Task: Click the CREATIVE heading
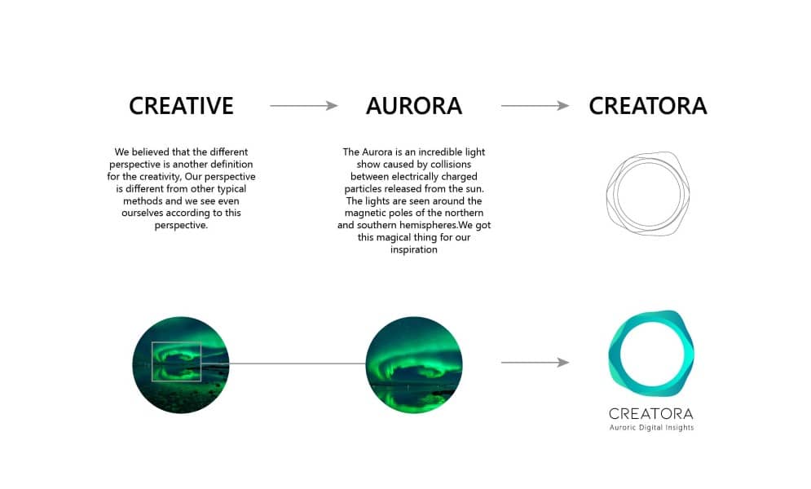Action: click(x=181, y=106)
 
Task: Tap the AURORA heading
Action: click(x=414, y=106)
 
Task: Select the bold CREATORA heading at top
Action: click(x=647, y=106)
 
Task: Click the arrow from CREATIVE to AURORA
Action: click(x=303, y=105)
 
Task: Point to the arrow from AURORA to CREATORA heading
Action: click(x=535, y=105)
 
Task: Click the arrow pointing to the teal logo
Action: click(x=535, y=363)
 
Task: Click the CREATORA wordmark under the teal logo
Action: click(x=650, y=413)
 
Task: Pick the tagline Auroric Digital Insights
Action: click(x=651, y=428)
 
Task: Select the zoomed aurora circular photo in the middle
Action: click(x=414, y=364)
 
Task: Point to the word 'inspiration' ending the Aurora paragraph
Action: click(x=414, y=249)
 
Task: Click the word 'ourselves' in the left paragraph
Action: click(x=141, y=213)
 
